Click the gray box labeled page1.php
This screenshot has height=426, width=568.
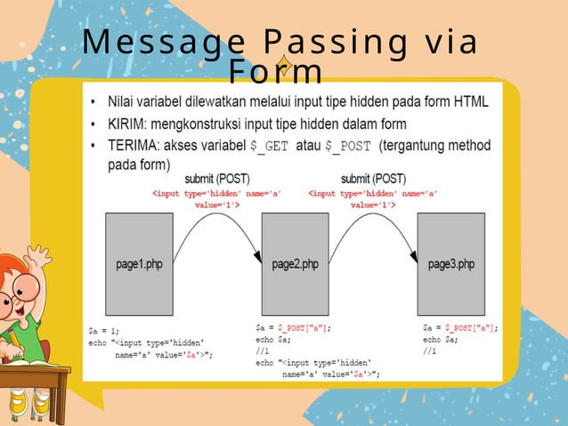click(x=140, y=263)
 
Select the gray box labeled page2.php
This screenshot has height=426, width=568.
click(x=295, y=263)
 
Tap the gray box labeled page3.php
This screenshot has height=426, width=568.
click(x=450, y=263)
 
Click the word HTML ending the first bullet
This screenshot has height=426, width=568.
click(x=469, y=101)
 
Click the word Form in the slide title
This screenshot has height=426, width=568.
click(x=275, y=71)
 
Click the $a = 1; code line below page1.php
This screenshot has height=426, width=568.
click(x=105, y=329)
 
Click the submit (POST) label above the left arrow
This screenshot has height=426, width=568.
click(x=217, y=179)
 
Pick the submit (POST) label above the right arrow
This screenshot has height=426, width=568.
click(x=373, y=179)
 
